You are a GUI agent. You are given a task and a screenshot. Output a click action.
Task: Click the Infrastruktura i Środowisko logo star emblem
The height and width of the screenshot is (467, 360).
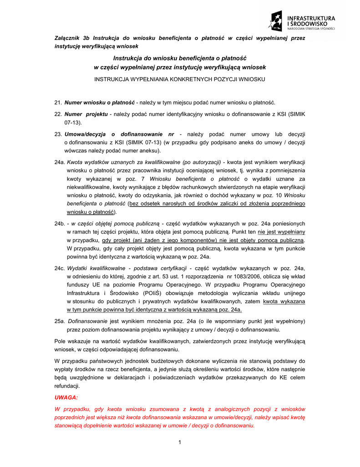(276, 21)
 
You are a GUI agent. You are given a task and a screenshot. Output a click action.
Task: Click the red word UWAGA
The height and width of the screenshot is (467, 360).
(66, 398)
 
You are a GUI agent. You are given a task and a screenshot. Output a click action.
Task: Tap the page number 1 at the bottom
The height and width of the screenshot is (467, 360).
(180, 442)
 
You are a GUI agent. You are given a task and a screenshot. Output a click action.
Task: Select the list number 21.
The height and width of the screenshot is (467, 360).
(58, 102)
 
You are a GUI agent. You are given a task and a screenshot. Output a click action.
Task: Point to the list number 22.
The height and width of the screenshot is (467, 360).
(58, 114)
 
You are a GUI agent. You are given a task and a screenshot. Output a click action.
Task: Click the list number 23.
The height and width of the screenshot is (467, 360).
(58, 135)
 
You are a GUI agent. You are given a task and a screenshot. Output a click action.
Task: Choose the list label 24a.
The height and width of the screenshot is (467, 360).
(59, 162)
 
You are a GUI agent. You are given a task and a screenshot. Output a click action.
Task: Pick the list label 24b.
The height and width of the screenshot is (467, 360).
(59, 223)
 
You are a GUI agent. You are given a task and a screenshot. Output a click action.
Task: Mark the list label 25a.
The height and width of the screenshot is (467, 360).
(59, 321)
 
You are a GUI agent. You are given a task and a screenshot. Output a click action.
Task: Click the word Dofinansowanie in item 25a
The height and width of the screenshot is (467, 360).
(87, 321)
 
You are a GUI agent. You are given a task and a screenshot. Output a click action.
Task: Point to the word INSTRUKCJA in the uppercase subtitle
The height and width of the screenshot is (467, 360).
(114, 79)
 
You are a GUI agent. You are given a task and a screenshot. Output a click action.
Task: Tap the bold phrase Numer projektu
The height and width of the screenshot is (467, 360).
(86, 114)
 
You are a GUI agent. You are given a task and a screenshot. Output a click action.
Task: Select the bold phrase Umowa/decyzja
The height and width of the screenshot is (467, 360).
(86, 135)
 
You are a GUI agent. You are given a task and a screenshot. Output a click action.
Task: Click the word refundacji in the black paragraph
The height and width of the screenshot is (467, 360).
(67, 386)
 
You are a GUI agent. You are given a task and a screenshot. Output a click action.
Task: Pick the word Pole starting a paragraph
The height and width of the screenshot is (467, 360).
(60, 341)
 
